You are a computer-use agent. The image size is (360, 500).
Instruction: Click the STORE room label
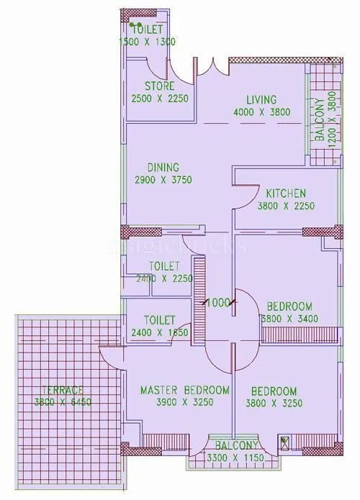[158, 86]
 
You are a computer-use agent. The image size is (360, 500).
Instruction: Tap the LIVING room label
[261, 99]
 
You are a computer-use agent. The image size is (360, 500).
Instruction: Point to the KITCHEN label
[286, 194]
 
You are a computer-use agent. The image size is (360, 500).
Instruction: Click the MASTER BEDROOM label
[184, 390]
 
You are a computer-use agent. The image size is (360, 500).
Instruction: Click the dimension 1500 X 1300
[147, 42]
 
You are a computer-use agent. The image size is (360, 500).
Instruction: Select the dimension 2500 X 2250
[158, 99]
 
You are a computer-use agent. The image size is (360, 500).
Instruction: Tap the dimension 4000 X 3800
[261, 112]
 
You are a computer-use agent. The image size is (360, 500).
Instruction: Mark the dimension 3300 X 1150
[233, 458]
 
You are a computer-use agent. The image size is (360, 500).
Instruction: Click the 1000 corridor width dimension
[217, 303]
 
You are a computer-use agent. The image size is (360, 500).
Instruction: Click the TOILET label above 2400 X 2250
[159, 265]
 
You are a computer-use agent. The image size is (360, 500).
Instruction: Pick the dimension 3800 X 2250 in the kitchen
[286, 206]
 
